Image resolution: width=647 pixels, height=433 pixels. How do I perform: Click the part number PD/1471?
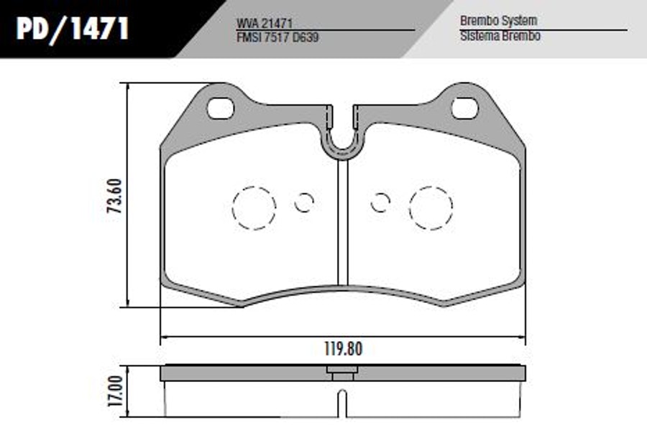73,29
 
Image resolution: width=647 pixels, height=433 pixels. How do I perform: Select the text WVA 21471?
265,24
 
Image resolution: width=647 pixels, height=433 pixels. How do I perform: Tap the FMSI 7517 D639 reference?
277,37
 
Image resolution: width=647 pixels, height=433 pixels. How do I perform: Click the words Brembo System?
498,21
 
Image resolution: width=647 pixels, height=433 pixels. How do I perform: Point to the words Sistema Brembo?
500,36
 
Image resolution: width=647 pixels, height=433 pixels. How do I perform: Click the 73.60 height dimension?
115,196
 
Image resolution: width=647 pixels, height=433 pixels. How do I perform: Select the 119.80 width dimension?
344,349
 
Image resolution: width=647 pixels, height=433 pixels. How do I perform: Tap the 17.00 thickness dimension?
116,391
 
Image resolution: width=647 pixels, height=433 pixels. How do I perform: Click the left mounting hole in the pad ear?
221,108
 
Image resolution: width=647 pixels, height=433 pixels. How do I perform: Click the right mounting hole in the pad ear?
465,108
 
